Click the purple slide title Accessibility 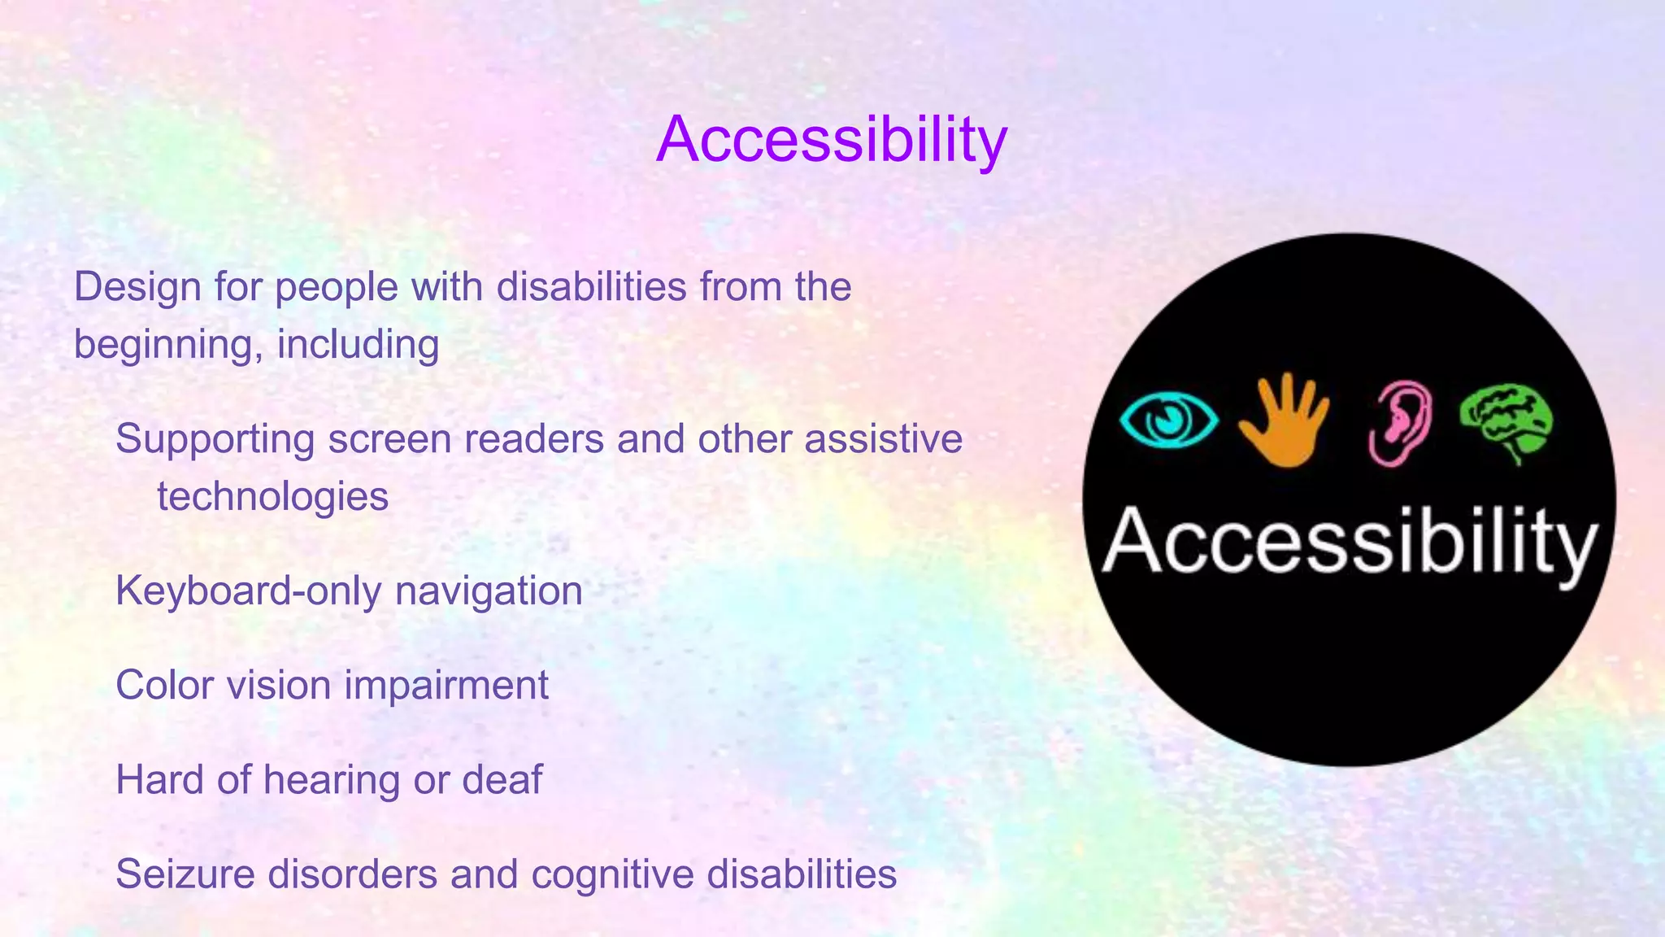831,140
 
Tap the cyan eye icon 1168,421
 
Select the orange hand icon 1285,421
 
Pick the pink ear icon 1400,423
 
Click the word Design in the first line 137,287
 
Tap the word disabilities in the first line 591,287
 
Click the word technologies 272,496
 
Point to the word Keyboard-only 248,591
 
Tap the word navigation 489,591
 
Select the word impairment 446,685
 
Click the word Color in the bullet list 164,685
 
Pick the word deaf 502,779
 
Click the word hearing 332,781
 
